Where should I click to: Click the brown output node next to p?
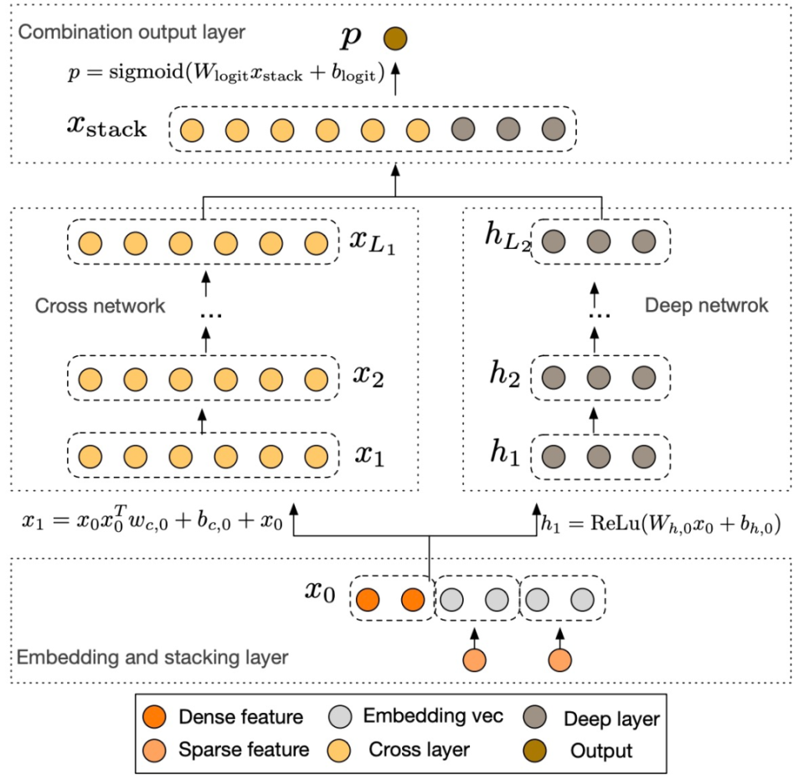(395, 39)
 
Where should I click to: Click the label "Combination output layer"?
(131, 32)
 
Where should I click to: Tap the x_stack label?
(106, 127)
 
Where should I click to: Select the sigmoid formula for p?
(226, 72)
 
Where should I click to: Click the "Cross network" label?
(100, 306)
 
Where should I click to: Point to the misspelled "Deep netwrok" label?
(707, 305)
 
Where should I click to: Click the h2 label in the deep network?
(504, 374)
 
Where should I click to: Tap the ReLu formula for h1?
(661, 524)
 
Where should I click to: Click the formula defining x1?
(152, 519)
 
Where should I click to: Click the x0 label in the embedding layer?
(320, 591)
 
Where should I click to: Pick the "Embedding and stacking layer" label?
(152, 657)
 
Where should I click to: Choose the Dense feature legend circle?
(154, 716)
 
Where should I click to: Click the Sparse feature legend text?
(244, 750)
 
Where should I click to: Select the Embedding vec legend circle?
(340, 716)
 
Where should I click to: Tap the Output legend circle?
(535, 750)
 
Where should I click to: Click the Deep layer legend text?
(611, 719)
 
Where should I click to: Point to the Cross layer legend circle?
(339, 750)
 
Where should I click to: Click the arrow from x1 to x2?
(202, 421)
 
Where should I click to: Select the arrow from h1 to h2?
(594, 421)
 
